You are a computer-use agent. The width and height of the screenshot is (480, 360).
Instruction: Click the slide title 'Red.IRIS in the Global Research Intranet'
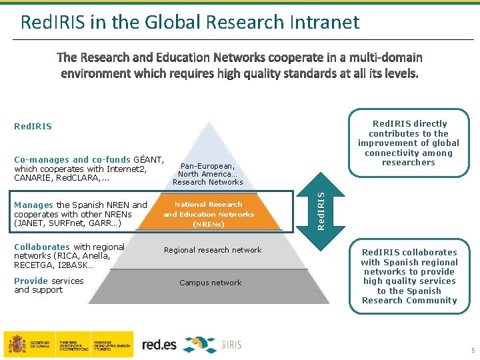pyautogui.click(x=190, y=22)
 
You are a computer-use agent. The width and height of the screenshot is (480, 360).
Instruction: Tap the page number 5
pyautogui.click(x=472, y=351)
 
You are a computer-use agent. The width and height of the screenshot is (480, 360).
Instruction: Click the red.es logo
pyautogui.click(x=160, y=345)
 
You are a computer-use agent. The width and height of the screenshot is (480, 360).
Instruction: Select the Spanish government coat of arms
pyautogui.click(x=17, y=344)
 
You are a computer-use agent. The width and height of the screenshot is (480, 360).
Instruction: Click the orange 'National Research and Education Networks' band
pyautogui.click(x=209, y=214)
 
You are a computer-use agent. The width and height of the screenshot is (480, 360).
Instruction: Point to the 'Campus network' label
pyautogui.click(x=211, y=283)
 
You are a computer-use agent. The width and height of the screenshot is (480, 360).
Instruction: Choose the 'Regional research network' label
pyautogui.click(x=213, y=250)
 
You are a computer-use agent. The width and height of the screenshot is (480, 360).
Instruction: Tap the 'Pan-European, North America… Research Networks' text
pyautogui.click(x=208, y=173)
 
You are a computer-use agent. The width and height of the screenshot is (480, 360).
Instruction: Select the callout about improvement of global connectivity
pyautogui.click(x=409, y=143)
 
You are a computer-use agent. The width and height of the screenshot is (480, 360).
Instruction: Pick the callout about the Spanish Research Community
pyautogui.click(x=409, y=276)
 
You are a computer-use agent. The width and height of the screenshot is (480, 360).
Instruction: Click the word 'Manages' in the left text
pyautogui.click(x=33, y=205)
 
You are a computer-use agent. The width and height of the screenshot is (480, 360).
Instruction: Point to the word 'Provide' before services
pyautogui.click(x=31, y=281)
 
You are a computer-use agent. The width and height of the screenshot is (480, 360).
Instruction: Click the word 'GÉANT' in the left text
pyautogui.click(x=148, y=160)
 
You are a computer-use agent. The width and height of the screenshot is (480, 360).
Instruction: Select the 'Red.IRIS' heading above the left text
pyautogui.click(x=33, y=126)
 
